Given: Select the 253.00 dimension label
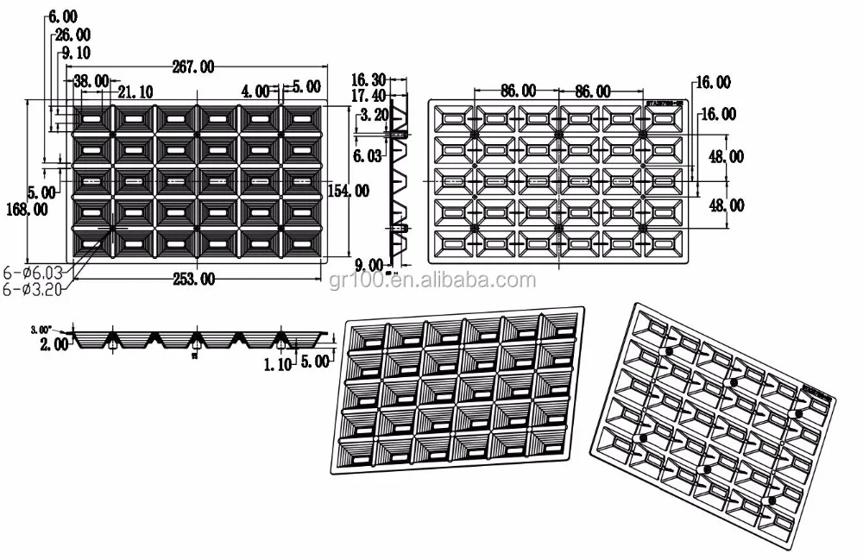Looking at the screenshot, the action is [x=194, y=278].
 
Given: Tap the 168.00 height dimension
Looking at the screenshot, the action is [x=25, y=209].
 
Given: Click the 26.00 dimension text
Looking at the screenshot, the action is [x=72, y=35].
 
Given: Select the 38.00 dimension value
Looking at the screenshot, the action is [x=91, y=81].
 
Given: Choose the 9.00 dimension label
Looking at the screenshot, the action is [x=370, y=265].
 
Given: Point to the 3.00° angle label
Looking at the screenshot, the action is [x=41, y=329].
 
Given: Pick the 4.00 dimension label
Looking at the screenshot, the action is [x=256, y=90].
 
